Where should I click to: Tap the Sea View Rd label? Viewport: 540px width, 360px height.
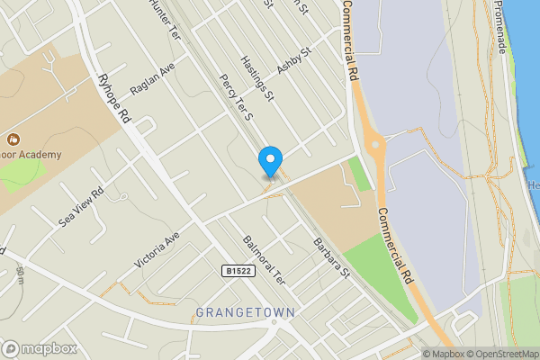point(81,207)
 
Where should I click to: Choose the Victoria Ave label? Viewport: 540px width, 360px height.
point(157,248)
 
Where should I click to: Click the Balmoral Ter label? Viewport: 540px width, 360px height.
point(264,260)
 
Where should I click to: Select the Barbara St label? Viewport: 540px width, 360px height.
point(330,257)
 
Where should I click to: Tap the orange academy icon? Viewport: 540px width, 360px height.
point(13,139)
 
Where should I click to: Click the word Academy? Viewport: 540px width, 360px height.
point(40,155)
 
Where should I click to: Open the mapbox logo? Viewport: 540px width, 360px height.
point(40,349)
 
